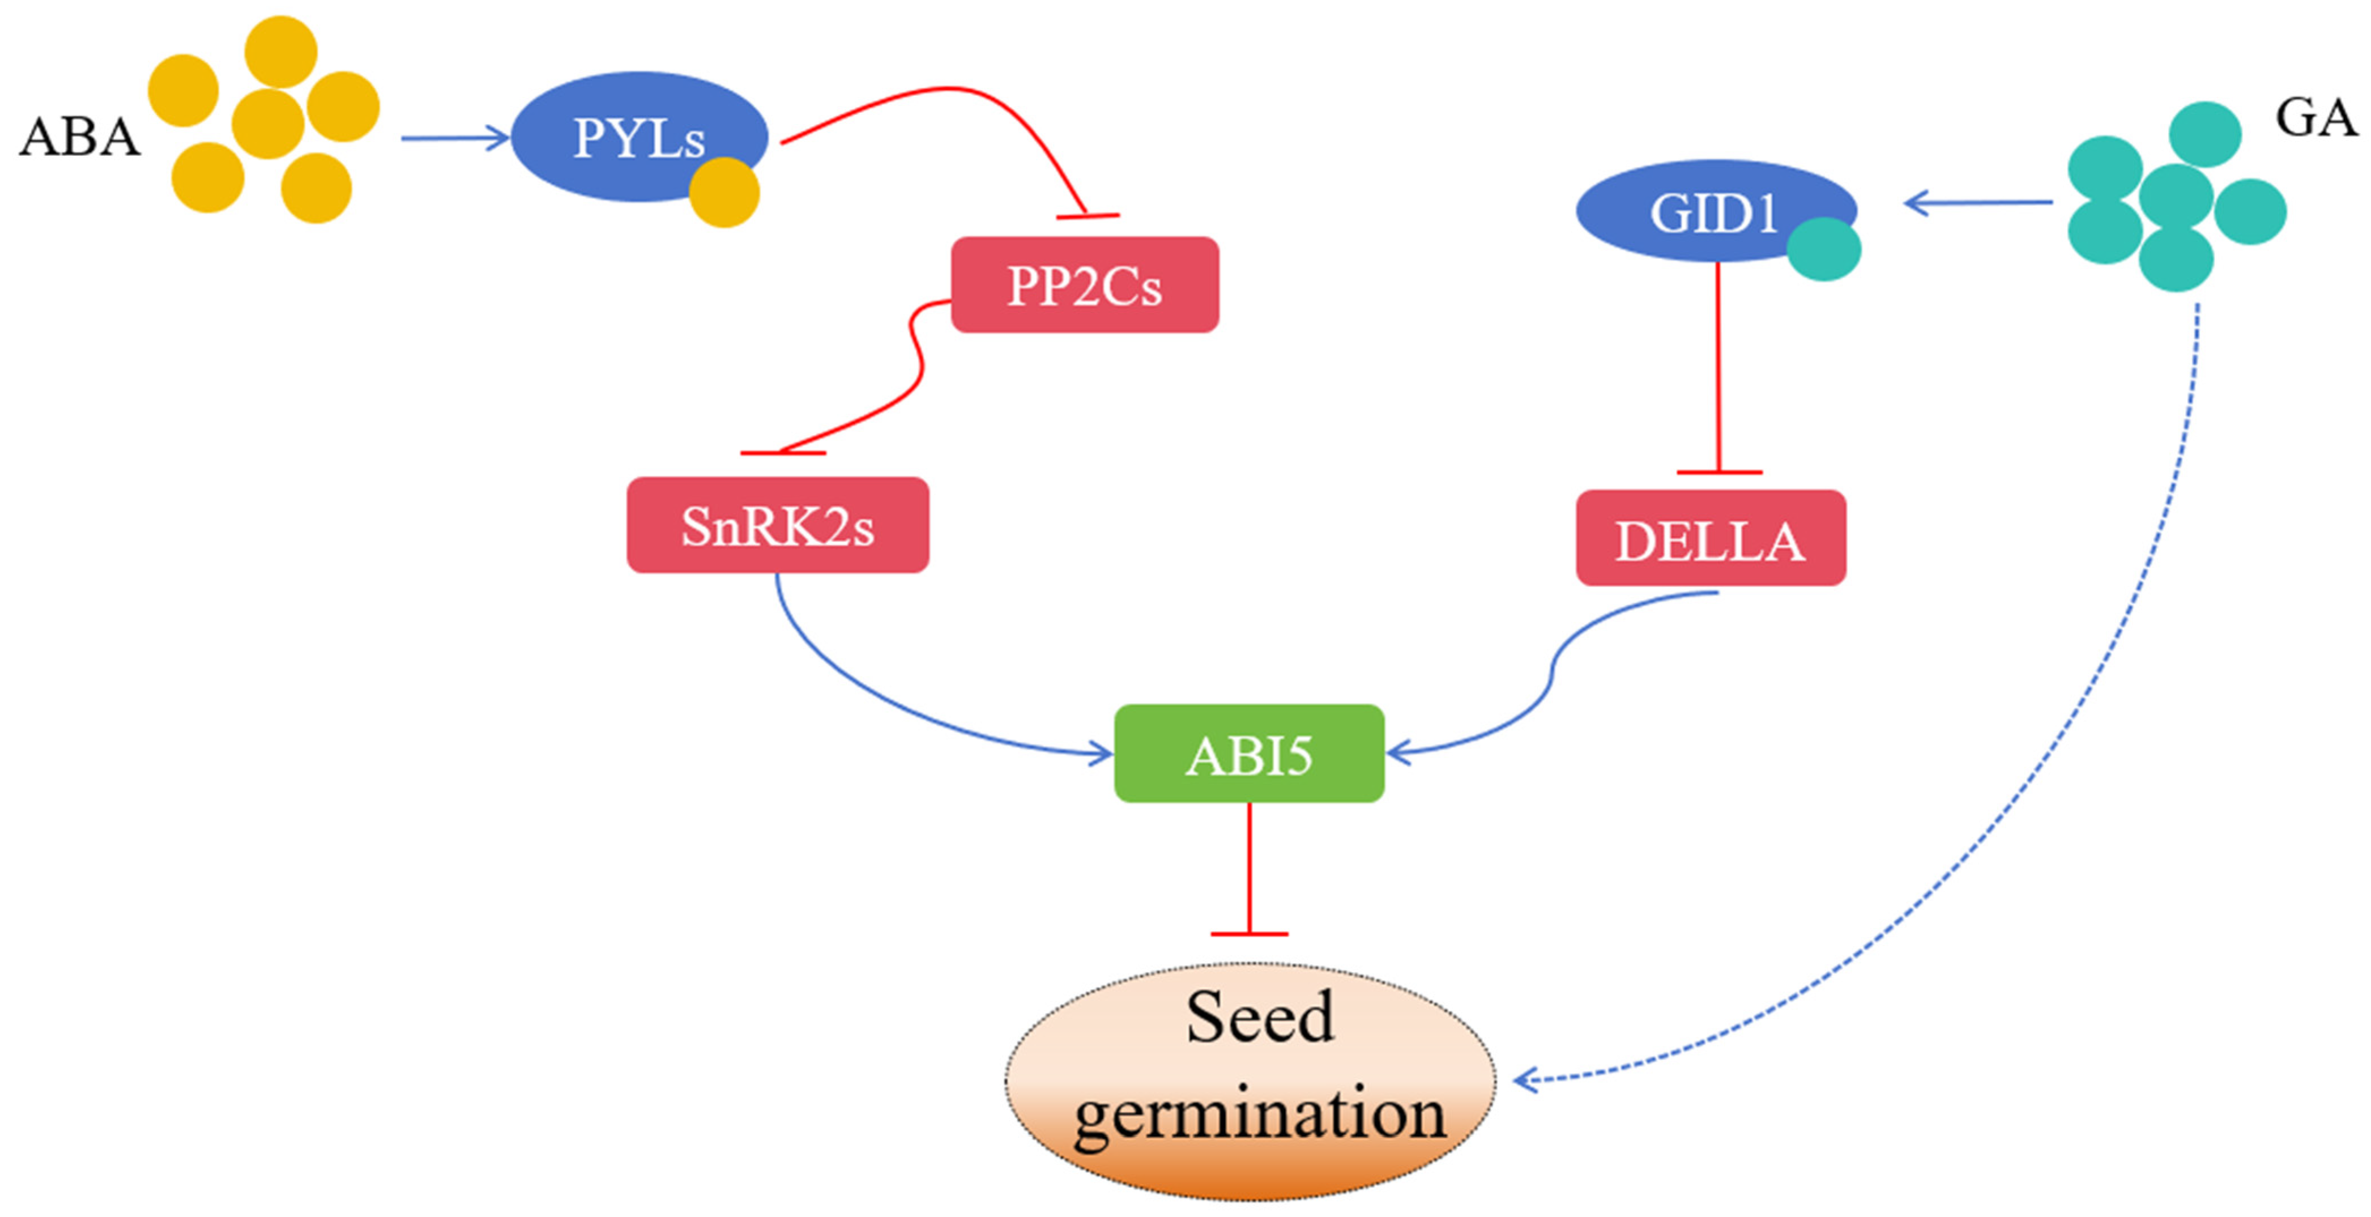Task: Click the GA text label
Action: pos(2315,119)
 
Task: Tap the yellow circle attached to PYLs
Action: pos(724,193)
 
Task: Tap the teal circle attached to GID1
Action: pos(1824,249)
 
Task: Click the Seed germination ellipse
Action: pos(1250,1081)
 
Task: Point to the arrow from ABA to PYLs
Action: pos(455,138)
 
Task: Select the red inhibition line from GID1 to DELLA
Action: pos(1718,368)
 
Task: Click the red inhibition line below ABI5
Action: pos(1249,870)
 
